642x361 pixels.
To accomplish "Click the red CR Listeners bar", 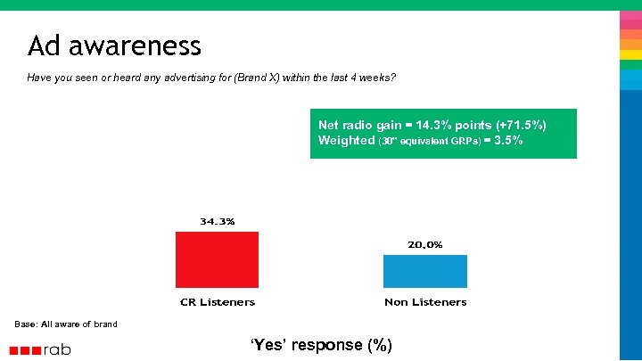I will click(x=217, y=259).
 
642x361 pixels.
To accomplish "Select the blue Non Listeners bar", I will click(x=425, y=271).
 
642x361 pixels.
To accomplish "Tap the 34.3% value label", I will click(x=217, y=221).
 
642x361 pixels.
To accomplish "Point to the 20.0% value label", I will click(x=425, y=244).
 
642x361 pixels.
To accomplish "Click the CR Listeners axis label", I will click(x=217, y=302).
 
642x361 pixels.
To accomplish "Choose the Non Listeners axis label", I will click(x=425, y=302).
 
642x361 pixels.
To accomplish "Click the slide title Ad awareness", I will click(x=114, y=45).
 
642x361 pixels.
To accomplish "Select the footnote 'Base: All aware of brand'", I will click(x=66, y=324).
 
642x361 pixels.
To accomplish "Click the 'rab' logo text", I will click(x=57, y=349).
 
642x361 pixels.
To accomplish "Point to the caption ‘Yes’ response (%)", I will click(x=320, y=345).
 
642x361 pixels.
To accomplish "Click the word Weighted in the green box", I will click(x=347, y=141).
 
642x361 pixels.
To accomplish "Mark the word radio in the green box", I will click(x=363, y=126).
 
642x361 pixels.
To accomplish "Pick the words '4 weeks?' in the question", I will click(x=373, y=78).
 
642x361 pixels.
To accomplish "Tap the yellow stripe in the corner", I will click(x=630, y=54).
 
